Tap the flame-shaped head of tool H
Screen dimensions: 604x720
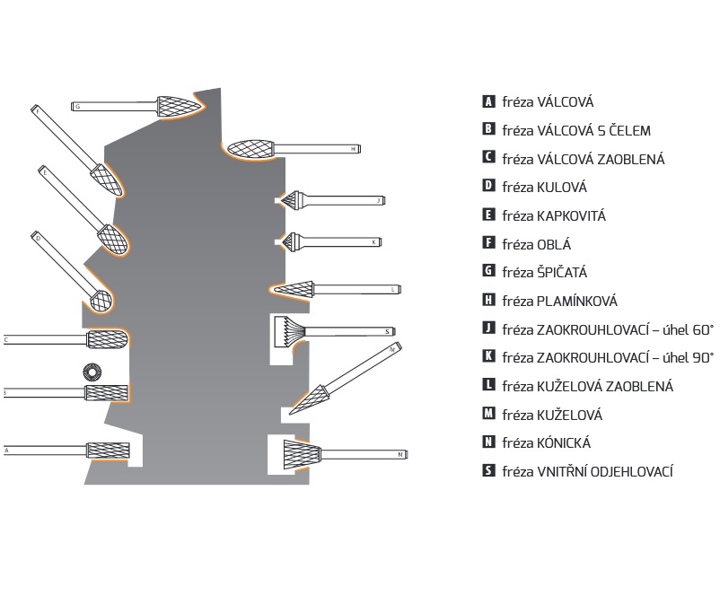click(250, 148)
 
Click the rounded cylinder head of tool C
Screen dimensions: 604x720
click(108, 339)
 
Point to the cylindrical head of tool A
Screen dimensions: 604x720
click(108, 450)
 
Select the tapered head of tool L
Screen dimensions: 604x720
click(293, 289)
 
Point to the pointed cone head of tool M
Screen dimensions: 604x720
click(311, 396)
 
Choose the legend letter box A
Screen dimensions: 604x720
click(488, 102)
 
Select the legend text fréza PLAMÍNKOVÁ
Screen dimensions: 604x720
click(559, 302)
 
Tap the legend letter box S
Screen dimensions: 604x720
click(488, 471)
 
